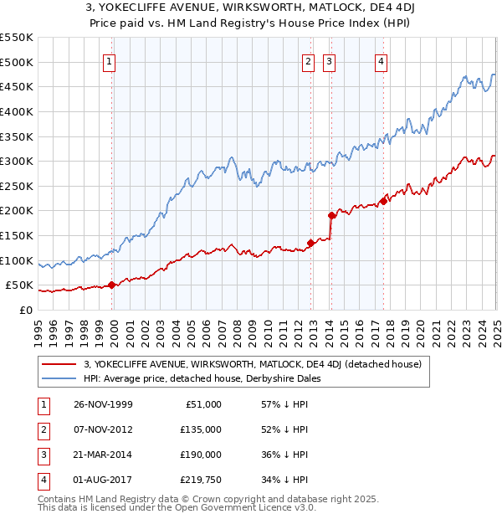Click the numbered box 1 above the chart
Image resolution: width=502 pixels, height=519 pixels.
[x=110, y=60]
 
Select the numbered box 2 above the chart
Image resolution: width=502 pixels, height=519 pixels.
[x=308, y=60]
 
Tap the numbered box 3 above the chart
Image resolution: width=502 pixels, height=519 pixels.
[x=329, y=60]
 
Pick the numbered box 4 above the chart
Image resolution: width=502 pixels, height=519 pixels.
[x=381, y=60]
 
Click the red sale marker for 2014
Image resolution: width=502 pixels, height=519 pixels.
[x=331, y=215]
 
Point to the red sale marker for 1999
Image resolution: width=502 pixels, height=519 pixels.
[x=113, y=285]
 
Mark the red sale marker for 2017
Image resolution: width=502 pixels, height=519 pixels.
[x=383, y=201]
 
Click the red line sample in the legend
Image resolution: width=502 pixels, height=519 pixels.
[x=60, y=365]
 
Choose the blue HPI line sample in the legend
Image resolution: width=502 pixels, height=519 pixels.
[x=60, y=378]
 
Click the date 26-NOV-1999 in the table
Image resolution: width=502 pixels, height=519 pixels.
[x=103, y=404]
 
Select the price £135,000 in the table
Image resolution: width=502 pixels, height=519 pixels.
[x=201, y=429]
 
